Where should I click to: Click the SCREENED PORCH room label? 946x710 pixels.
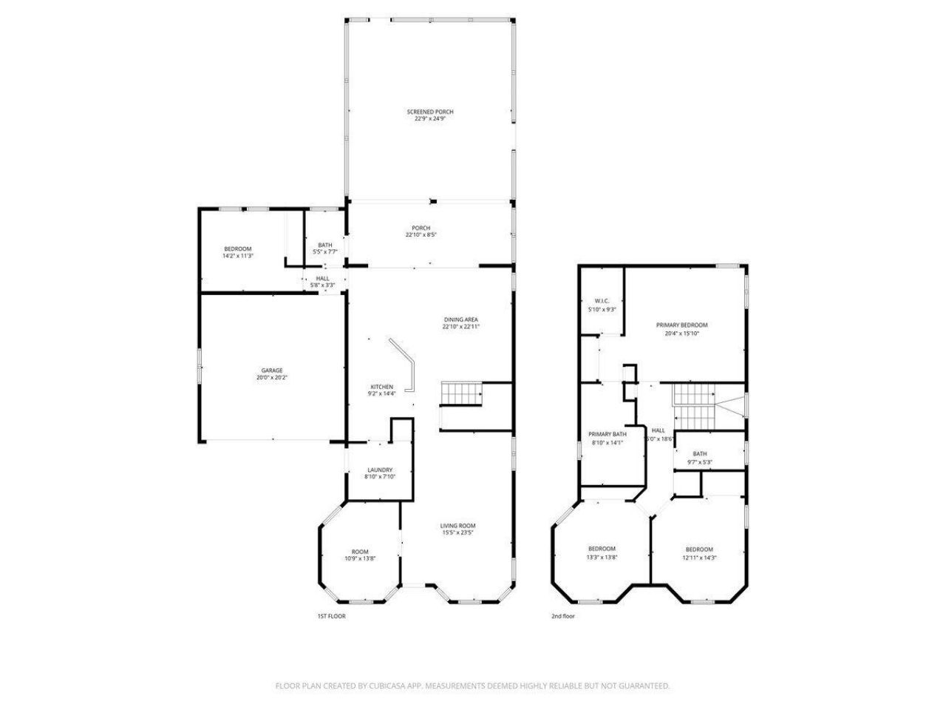[x=430, y=112]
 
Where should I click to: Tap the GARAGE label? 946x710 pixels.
[x=271, y=371]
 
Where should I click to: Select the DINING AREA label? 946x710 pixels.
[x=460, y=319]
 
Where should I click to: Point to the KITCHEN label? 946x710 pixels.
[x=381, y=387]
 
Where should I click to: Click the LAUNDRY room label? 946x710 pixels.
[x=380, y=470]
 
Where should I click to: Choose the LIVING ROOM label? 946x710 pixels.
[x=457, y=526]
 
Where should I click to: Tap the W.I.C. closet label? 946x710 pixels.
[x=601, y=301]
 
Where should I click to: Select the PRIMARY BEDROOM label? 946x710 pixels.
[x=682, y=325]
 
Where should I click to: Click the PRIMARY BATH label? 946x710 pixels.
[x=607, y=434]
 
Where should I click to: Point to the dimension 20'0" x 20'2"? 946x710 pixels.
[x=271, y=378]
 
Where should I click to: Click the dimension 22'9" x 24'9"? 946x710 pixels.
[x=430, y=118]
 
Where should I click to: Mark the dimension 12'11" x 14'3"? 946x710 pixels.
[x=699, y=558]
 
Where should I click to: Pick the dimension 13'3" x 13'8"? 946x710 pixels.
[x=602, y=558]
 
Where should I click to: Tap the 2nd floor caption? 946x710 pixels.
[x=562, y=616]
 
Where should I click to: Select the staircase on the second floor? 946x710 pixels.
[x=694, y=406]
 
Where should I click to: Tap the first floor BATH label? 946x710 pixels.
[x=325, y=245]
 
